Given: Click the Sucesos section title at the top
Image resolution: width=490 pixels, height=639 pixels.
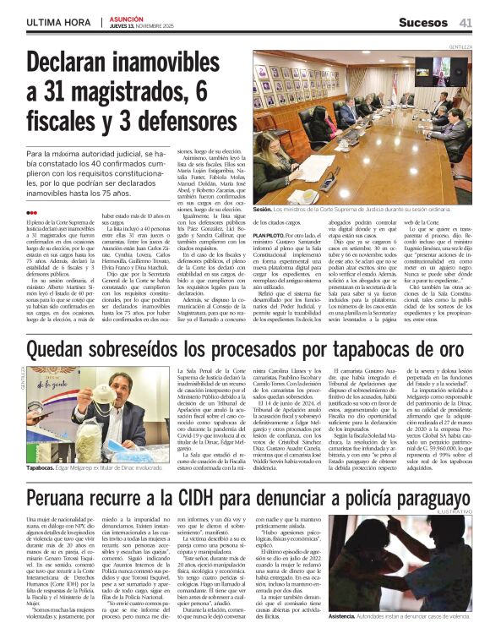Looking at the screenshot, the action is (422, 21).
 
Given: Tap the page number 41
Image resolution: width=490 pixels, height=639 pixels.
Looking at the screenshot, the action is (465, 21).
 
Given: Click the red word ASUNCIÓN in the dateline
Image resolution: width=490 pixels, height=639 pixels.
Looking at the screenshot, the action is (127, 17).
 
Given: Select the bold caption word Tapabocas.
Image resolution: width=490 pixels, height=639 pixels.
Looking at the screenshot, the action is (40, 467).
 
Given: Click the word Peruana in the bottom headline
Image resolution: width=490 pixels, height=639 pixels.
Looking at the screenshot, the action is (62, 496).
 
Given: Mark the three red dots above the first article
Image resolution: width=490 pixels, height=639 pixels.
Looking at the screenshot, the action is (32, 213).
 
